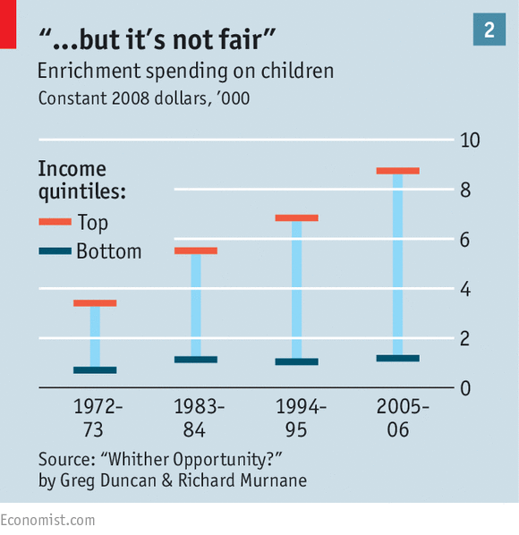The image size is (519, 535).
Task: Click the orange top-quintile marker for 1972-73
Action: coord(95,303)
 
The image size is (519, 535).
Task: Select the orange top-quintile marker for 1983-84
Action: coord(196,251)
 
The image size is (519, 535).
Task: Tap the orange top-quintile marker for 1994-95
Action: coord(296,217)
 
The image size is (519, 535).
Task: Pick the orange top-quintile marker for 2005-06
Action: coord(397,171)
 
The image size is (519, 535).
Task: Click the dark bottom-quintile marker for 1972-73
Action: coord(95,369)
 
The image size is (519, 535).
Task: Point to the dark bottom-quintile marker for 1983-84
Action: coord(196,360)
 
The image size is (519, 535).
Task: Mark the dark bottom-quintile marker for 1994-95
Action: coord(296,361)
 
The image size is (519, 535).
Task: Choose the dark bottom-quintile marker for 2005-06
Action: coord(397,358)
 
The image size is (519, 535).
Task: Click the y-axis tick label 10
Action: coord(470,140)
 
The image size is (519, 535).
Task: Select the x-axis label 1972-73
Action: coord(95,418)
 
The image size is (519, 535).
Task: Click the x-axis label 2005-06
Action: coord(398,418)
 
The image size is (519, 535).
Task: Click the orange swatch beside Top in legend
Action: coord(55,222)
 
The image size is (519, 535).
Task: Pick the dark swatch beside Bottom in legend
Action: coord(55,251)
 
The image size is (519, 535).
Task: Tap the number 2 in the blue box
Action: coord(489,30)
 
